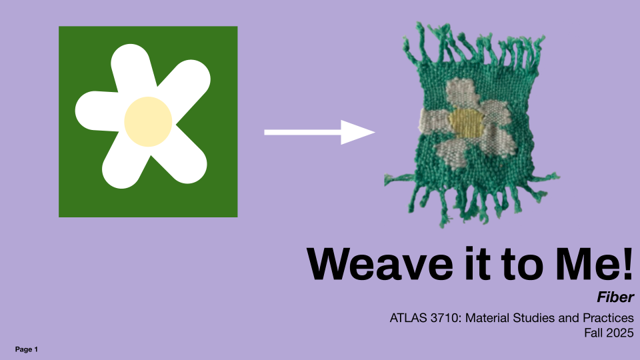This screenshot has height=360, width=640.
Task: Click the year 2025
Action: click(619, 333)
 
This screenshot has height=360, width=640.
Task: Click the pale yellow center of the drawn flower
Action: click(148, 121)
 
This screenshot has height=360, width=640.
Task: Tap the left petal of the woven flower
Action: click(434, 120)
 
